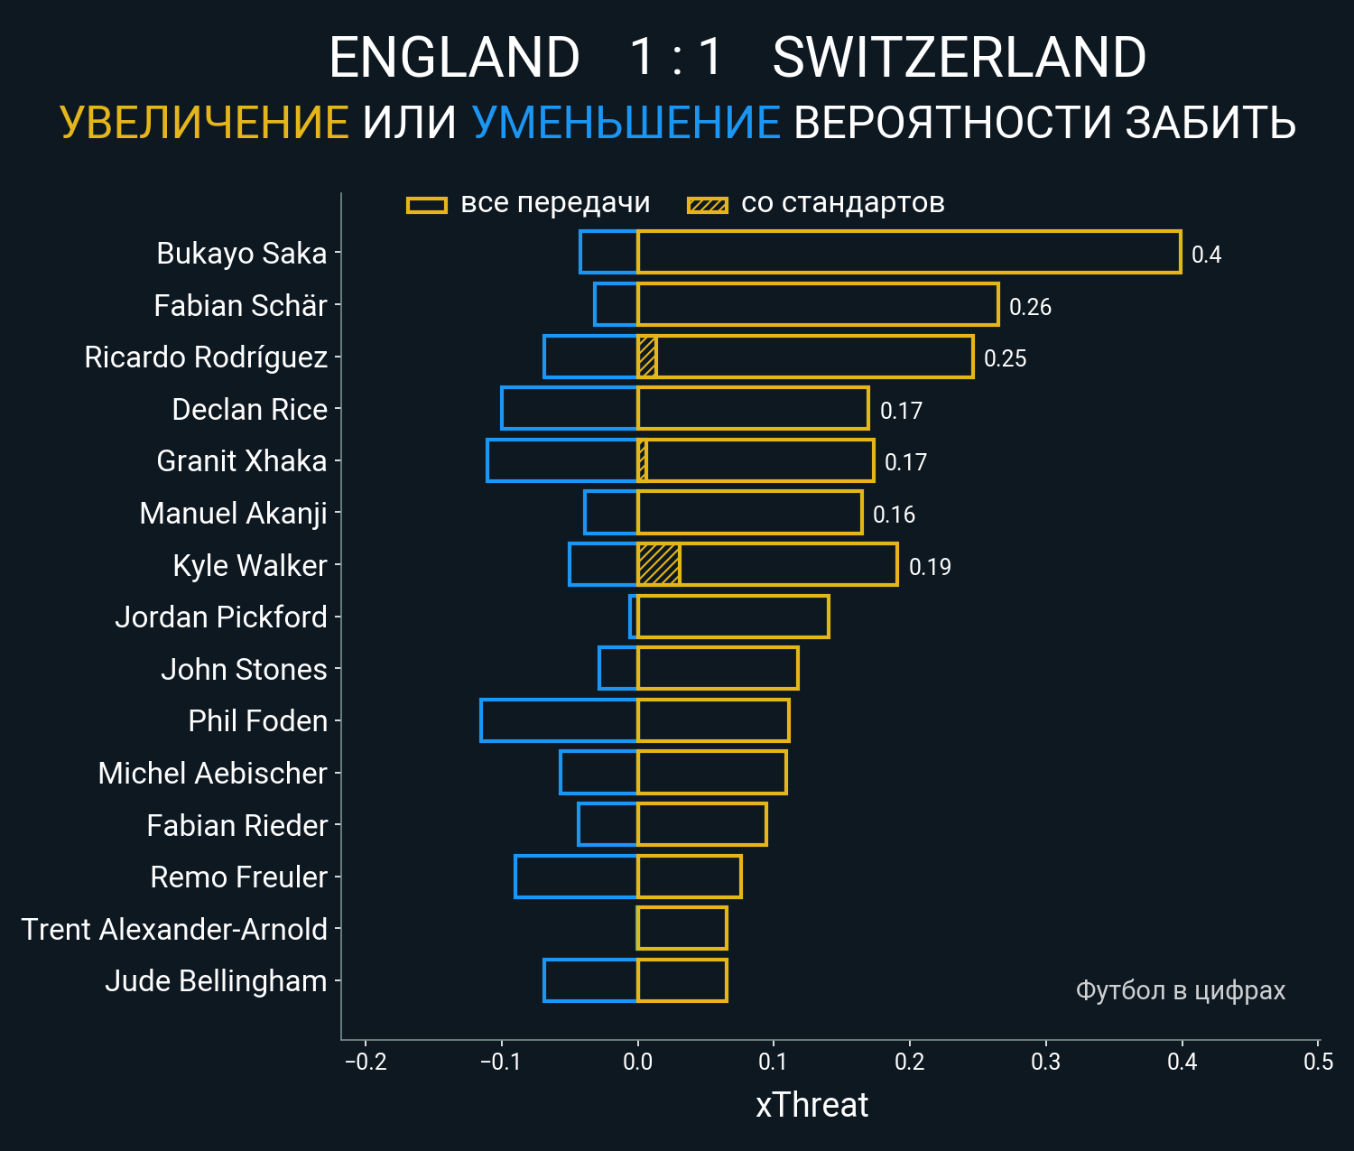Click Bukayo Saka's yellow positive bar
pyautogui.click(x=908, y=252)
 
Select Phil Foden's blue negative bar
pyautogui.click(x=559, y=720)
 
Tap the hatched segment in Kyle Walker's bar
pyautogui.click(x=658, y=564)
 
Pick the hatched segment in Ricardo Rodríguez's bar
pyautogui.click(x=647, y=357)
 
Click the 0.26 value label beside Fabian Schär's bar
pyautogui.click(x=1030, y=307)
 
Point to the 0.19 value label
pyautogui.click(x=930, y=567)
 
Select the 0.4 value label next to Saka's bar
pyautogui.click(x=1206, y=255)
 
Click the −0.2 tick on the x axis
pyautogui.click(x=366, y=1062)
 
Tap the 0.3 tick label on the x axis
pyautogui.click(x=1045, y=1062)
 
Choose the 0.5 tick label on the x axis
pyautogui.click(x=1318, y=1062)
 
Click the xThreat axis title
pyautogui.click(x=811, y=1105)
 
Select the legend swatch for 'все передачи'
pyautogui.click(x=427, y=205)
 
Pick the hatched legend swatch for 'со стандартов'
pyautogui.click(x=707, y=205)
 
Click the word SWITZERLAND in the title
pyautogui.click(x=959, y=58)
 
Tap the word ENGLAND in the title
pyautogui.click(x=454, y=58)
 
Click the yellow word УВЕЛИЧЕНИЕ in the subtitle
pyautogui.click(x=205, y=123)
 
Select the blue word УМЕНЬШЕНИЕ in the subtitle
pyautogui.click(x=626, y=123)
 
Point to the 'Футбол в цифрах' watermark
pyautogui.click(x=1180, y=990)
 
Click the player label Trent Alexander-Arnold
pyautogui.click(x=174, y=929)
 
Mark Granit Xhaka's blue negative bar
pyautogui.click(x=562, y=460)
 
